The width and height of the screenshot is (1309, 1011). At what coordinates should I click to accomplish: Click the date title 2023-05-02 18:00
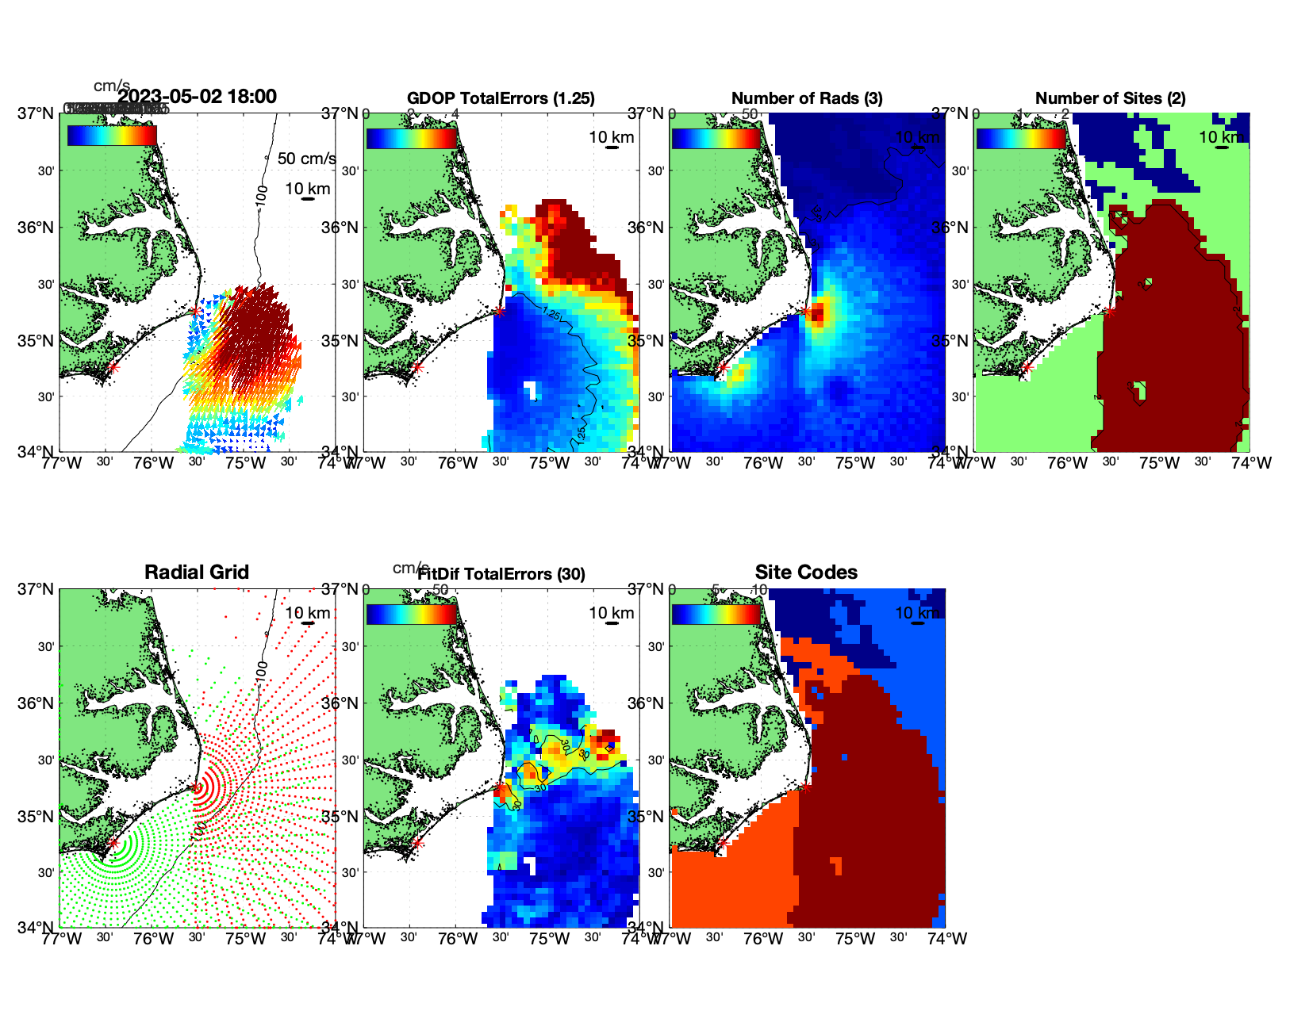pos(197,97)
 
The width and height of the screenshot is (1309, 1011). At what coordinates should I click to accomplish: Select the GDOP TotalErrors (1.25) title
pos(501,98)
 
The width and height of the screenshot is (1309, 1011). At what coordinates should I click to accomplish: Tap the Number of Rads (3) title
pos(807,98)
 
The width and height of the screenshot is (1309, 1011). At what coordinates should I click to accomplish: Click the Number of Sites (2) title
pos(1110,98)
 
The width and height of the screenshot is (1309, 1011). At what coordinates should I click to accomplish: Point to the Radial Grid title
pos(197,573)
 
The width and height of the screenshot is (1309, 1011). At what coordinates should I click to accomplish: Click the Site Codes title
pos(806,573)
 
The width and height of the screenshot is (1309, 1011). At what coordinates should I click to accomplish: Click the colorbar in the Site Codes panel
pos(716,614)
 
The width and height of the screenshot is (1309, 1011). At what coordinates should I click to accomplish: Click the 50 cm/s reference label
pos(306,159)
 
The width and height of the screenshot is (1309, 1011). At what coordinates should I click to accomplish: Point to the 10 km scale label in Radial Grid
pos(308,613)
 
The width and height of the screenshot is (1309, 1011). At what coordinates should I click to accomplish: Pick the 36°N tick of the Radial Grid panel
pos(36,703)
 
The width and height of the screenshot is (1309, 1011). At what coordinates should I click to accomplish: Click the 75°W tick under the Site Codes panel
pos(855,939)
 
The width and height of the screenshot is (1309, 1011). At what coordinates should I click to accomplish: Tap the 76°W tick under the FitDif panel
pos(458,939)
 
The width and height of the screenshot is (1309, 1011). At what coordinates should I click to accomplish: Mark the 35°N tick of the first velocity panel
pos(36,341)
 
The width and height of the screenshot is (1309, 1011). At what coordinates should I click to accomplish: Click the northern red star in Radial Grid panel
pos(196,787)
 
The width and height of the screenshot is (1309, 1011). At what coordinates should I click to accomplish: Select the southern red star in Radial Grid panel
pos(113,843)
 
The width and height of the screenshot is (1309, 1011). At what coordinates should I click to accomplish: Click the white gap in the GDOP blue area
pos(529,389)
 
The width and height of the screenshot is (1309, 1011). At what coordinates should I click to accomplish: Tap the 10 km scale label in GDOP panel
pos(611,137)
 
